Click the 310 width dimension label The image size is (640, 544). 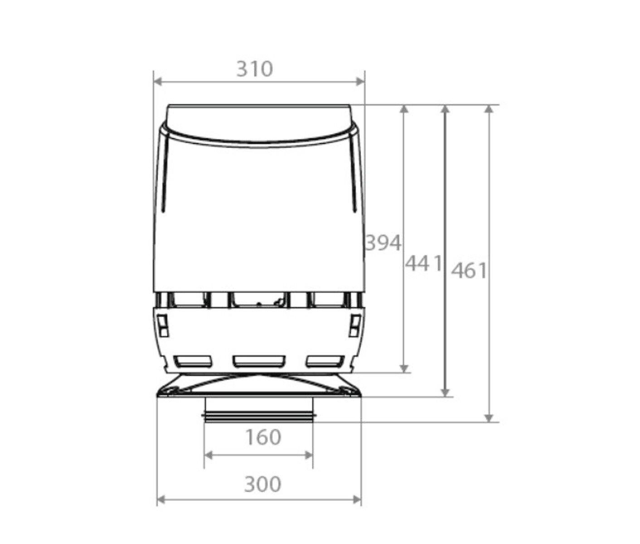(x=255, y=69)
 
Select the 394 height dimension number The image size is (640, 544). (x=383, y=243)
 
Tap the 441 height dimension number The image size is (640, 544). (x=422, y=263)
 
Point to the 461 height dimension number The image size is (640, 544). (x=470, y=271)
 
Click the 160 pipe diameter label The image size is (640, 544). (x=263, y=437)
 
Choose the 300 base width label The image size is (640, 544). (x=262, y=484)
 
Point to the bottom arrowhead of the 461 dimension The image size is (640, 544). (x=489, y=418)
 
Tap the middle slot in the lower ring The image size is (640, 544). (x=258, y=361)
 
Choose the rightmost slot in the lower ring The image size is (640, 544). (x=325, y=361)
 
